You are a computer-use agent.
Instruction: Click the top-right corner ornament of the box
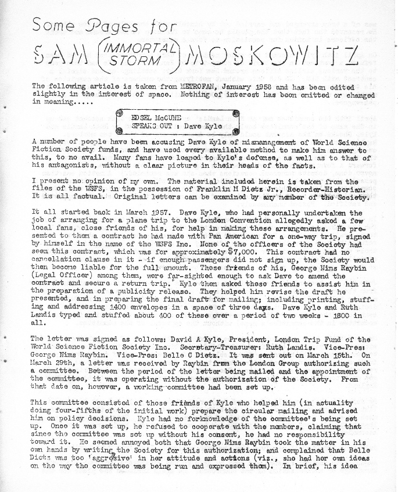pos(237,114)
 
